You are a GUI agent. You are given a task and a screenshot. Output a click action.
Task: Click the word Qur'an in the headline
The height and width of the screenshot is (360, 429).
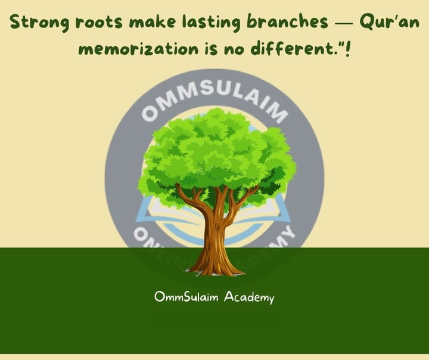(387, 22)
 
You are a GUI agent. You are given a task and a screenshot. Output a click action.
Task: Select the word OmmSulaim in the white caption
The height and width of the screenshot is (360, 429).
(186, 297)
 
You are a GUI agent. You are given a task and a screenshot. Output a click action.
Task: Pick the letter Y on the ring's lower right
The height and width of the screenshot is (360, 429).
(287, 234)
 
